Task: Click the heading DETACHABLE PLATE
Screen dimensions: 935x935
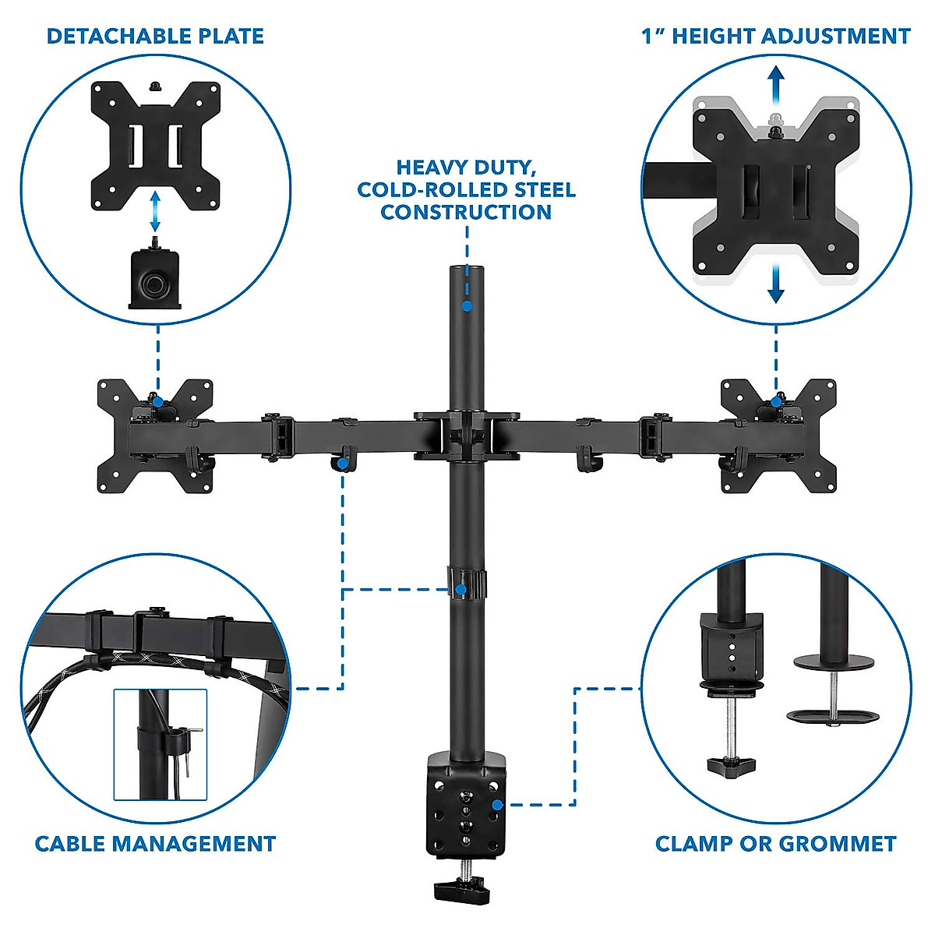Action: [x=155, y=36]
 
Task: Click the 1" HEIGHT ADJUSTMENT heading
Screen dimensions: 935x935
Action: [x=775, y=36]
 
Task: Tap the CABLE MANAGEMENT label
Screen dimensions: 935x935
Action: [x=155, y=843]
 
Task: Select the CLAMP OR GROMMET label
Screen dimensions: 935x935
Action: [x=775, y=843]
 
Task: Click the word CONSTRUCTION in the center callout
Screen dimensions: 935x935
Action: [x=466, y=212]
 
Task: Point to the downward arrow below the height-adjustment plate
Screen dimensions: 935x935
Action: [x=775, y=284]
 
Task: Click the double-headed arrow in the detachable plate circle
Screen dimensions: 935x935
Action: [x=155, y=212]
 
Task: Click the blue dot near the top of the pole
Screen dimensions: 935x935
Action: [x=466, y=306]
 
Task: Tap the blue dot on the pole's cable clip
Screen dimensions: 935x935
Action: [x=461, y=590]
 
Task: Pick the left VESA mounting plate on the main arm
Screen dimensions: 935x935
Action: [x=154, y=436]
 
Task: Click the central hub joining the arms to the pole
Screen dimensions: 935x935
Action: [x=467, y=435]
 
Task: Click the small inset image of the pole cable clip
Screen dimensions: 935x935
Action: [x=160, y=744]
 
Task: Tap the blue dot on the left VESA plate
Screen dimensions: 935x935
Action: [x=158, y=402]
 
